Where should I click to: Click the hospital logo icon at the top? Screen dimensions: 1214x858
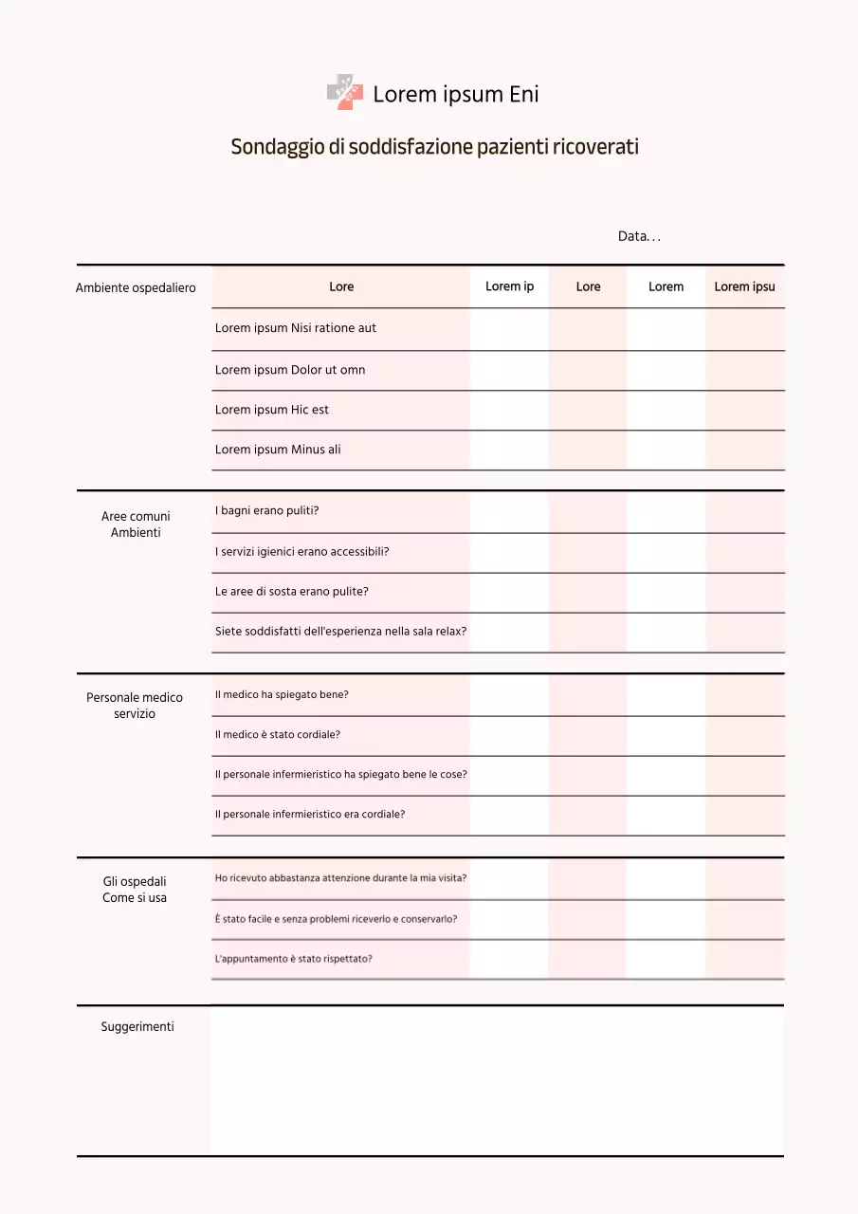(x=345, y=93)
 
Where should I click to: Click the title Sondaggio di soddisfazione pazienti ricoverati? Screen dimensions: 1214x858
(x=434, y=147)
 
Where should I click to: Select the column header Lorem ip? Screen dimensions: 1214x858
(x=509, y=286)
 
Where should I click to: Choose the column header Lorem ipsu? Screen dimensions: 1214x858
(x=744, y=286)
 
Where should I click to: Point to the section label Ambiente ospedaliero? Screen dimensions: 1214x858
(x=136, y=287)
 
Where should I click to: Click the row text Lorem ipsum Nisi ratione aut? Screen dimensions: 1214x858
(x=296, y=328)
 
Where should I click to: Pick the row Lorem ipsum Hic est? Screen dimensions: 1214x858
(x=272, y=410)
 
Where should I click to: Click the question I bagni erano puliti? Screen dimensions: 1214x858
(x=267, y=510)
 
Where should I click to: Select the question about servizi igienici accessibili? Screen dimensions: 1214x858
(x=302, y=551)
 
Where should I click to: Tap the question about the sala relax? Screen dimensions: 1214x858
(x=341, y=631)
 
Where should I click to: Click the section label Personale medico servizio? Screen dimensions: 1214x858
(x=135, y=706)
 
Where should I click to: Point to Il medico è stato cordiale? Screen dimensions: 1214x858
(x=278, y=734)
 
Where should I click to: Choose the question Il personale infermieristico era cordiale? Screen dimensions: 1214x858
(x=310, y=814)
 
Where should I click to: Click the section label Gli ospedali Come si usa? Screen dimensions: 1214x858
(x=135, y=890)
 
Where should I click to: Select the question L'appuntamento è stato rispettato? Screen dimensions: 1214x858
(x=294, y=959)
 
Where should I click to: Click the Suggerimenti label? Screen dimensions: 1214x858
(x=137, y=1026)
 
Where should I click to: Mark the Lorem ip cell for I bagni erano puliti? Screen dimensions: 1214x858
(x=509, y=511)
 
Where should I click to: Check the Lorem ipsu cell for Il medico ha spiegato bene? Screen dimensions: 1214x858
(x=744, y=695)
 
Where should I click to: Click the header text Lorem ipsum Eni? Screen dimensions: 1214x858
(x=456, y=94)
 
